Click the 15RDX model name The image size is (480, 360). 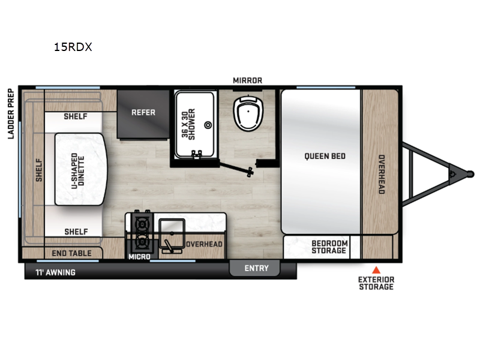point(73,46)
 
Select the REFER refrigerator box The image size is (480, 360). point(143,112)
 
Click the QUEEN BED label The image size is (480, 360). point(325,157)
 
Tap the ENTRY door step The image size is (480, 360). point(256,268)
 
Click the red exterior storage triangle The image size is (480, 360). point(376,269)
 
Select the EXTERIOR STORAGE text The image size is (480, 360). point(376,283)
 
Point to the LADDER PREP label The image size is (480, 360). point(11,113)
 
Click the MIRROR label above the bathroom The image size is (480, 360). point(248,80)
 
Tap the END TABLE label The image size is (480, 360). point(72,253)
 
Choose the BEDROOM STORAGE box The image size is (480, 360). point(329,247)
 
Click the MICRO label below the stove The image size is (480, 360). point(139,257)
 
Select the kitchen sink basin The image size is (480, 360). point(172,230)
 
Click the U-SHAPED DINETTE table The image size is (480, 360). point(81,169)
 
